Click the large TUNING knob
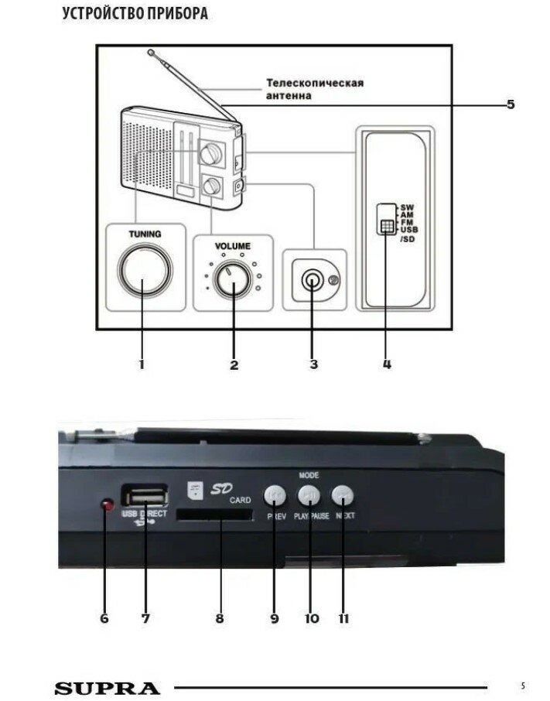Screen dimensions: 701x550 (x=143, y=271)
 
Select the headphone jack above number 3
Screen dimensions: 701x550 (x=313, y=280)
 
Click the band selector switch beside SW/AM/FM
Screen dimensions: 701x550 (x=385, y=220)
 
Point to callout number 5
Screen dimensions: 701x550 (x=510, y=104)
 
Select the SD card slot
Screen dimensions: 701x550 (x=214, y=515)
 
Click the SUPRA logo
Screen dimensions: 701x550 (x=108, y=688)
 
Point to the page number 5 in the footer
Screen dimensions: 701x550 (x=523, y=686)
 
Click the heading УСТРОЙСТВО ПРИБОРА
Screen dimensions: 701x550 (x=135, y=14)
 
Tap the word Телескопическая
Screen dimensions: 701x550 (x=315, y=83)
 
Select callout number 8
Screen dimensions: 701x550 (x=220, y=619)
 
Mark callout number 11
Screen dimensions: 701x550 (x=343, y=619)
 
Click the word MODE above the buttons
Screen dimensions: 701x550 (x=308, y=474)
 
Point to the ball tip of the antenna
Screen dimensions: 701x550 (x=152, y=53)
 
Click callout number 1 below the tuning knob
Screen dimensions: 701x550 (x=142, y=363)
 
